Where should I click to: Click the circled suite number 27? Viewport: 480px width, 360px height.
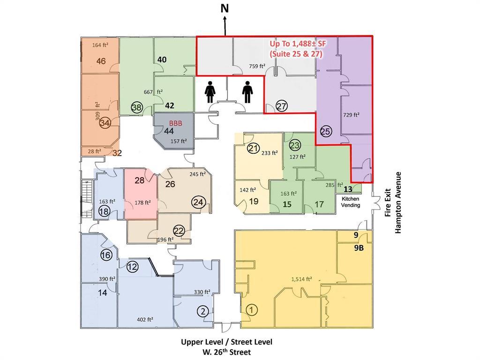point(282,106)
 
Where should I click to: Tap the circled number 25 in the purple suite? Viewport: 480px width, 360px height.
point(326,131)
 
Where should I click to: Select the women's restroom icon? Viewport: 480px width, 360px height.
point(210,91)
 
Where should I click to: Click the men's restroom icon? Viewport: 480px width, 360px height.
point(247,91)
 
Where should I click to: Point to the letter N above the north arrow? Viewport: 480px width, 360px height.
point(225,8)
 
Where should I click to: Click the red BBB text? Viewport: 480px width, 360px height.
point(176,123)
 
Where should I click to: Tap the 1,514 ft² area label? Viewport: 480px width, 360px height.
point(301,279)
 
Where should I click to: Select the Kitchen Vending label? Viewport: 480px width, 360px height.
point(351,202)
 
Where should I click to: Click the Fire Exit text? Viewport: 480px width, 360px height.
point(388,202)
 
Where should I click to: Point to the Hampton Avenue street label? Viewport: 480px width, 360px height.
point(397,202)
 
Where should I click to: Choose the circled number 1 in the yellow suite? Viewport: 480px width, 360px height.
point(252,310)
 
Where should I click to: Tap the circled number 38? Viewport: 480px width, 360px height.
point(137,107)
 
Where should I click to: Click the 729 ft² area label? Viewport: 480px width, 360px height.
point(351,115)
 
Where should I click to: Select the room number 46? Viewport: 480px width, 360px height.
point(101,61)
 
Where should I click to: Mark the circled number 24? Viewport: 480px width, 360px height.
point(198,202)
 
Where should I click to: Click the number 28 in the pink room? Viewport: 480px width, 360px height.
point(140,180)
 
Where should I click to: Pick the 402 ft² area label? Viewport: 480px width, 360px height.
point(145,320)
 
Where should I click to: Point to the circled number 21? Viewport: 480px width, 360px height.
point(253,149)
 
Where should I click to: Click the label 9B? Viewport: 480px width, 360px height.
point(359,247)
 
